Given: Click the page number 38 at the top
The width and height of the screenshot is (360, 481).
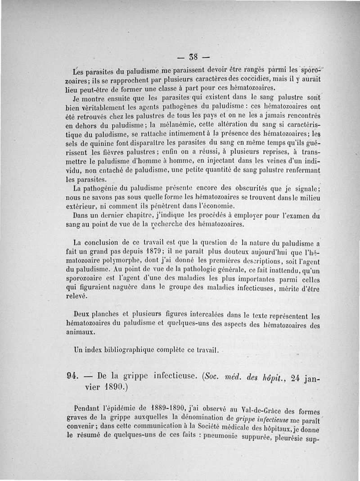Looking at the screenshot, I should pyautogui.click(x=194, y=58).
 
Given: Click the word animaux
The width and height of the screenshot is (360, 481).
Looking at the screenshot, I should pyautogui.click(x=80, y=332).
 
